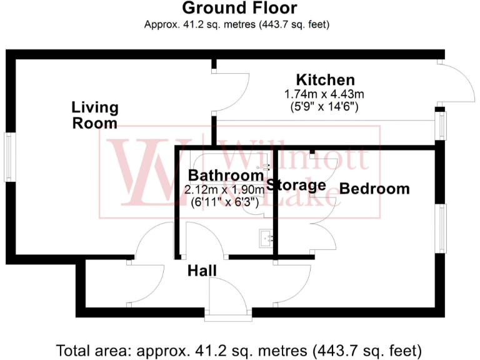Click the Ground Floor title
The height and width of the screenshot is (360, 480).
(x=239, y=9)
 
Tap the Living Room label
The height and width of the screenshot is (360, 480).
(x=95, y=115)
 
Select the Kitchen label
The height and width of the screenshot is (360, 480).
(x=325, y=80)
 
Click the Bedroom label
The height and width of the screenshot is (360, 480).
(x=374, y=189)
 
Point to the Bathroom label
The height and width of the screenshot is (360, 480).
(x=226, y=175)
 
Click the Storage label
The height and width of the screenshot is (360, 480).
(x=296, y=185)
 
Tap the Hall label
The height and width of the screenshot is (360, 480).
(x=202, y=271)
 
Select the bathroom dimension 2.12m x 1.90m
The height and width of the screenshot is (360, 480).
(x=224, y=188)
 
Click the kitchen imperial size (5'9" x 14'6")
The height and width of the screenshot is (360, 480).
(x=324, y=106)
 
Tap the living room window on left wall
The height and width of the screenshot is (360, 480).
(x=10, y=157)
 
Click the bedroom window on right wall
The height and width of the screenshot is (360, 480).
(x=442, y=229)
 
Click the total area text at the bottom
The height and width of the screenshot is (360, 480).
(x=239, y=349)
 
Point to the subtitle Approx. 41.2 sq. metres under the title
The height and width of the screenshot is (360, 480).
(x=237, y=25)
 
